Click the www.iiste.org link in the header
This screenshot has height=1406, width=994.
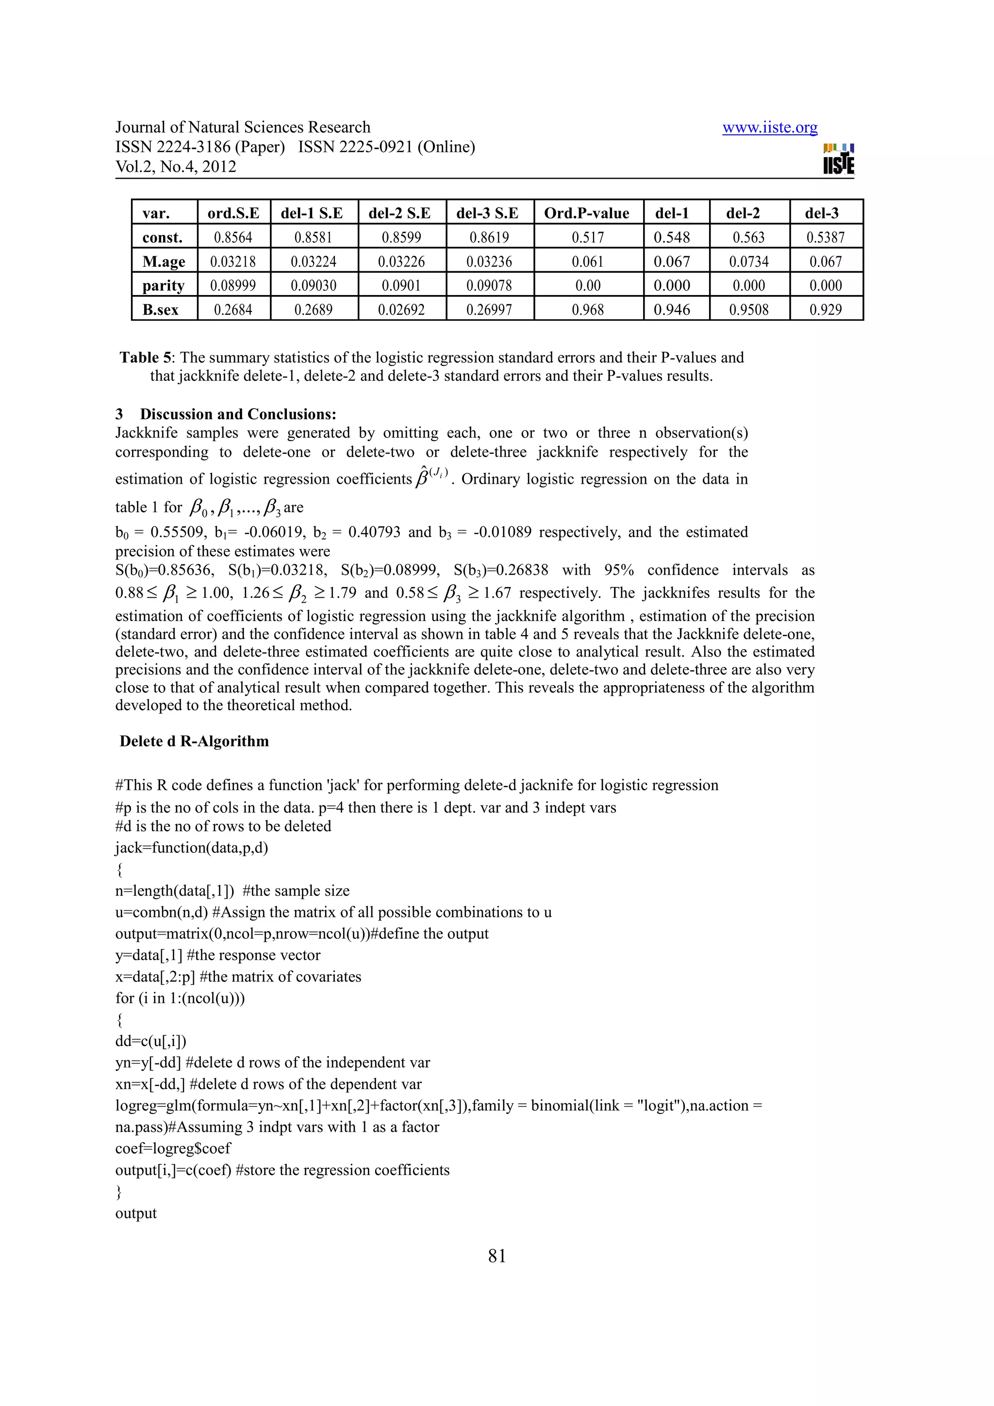(x=769, y=128)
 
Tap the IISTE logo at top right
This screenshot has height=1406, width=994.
(x=838, y=159)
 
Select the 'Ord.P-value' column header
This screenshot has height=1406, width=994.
(x=586, y=213)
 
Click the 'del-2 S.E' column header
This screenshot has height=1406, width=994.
(x=399, y=213)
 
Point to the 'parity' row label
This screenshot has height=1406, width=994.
(x=163, y=285)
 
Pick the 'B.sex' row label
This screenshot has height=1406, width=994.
(x=161, y=310)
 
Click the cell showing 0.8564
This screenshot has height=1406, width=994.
(x=233, y=238)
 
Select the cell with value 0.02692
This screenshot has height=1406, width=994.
(x=401, y=310)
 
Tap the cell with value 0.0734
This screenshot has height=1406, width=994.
(x=748, y=262)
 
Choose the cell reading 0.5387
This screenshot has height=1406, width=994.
(x=825, y=238)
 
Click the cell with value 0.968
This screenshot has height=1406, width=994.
(x=587, y=310)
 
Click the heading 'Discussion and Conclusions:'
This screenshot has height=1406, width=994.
(x=238, y=415)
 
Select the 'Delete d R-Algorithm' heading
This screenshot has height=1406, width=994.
(x=194, y=742)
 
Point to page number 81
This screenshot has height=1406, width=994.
(x=497, y=1257)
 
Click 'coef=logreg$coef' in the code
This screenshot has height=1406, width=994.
(x=173, y=1149)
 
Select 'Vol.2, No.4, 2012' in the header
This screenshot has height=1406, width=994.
(x=176, y=166)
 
